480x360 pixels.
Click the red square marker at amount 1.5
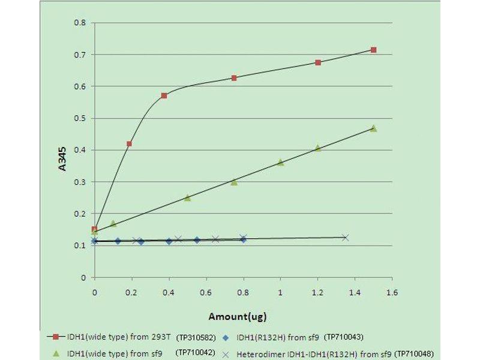373,50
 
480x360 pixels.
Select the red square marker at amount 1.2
318,62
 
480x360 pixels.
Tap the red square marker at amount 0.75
234,78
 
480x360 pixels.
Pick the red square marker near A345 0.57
164,95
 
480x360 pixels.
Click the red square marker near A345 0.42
129,144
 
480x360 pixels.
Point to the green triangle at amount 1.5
373,128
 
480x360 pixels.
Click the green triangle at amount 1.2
318,148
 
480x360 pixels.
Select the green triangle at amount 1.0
280,162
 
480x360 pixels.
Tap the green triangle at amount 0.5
187,197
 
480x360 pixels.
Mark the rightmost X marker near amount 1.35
345,238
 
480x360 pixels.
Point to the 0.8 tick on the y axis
79,23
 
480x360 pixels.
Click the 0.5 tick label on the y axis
79,118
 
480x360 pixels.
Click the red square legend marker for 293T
57,337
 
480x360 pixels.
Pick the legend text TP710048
412,353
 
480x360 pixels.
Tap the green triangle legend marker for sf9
57,353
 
